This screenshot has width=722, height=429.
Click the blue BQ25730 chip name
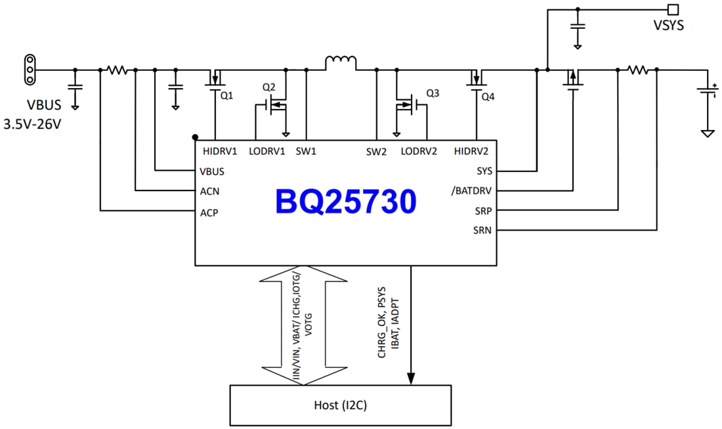(346, 202)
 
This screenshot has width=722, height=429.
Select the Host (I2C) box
(341, 405)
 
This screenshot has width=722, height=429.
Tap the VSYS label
(669, 27)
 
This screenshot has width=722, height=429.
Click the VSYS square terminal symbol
(672, 9)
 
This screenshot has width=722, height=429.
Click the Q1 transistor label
(226, 95)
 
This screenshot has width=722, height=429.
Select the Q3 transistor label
(433, 93)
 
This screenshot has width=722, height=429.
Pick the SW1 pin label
(306, 151)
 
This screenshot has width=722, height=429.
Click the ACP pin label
(209, 212)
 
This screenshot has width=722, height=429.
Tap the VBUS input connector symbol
(29, 69)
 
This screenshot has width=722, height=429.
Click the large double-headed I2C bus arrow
(303, 325)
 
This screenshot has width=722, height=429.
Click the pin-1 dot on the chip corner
(196, 137)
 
